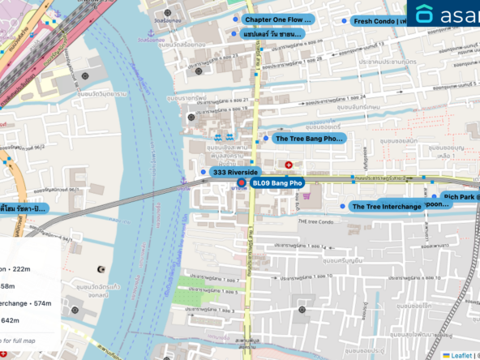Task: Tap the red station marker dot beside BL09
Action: pos(242,184)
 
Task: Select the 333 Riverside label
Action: pos(234,173)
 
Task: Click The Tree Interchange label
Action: pos(386,207)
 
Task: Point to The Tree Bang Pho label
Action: pos(308,139)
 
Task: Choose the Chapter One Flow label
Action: pos(277,19)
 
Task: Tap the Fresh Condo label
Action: pos(384,21)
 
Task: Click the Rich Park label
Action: pos(461,196)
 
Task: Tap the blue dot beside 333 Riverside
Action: pos(203,172)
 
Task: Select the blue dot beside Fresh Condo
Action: pos(344,21)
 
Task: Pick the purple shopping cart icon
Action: pos(306,195)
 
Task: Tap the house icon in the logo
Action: pos(424,14)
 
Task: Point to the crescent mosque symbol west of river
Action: pos(101,268)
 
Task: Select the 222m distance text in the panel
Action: pos(19,269)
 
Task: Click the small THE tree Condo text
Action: pos(316,221)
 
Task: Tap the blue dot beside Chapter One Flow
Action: pos(235,19)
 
